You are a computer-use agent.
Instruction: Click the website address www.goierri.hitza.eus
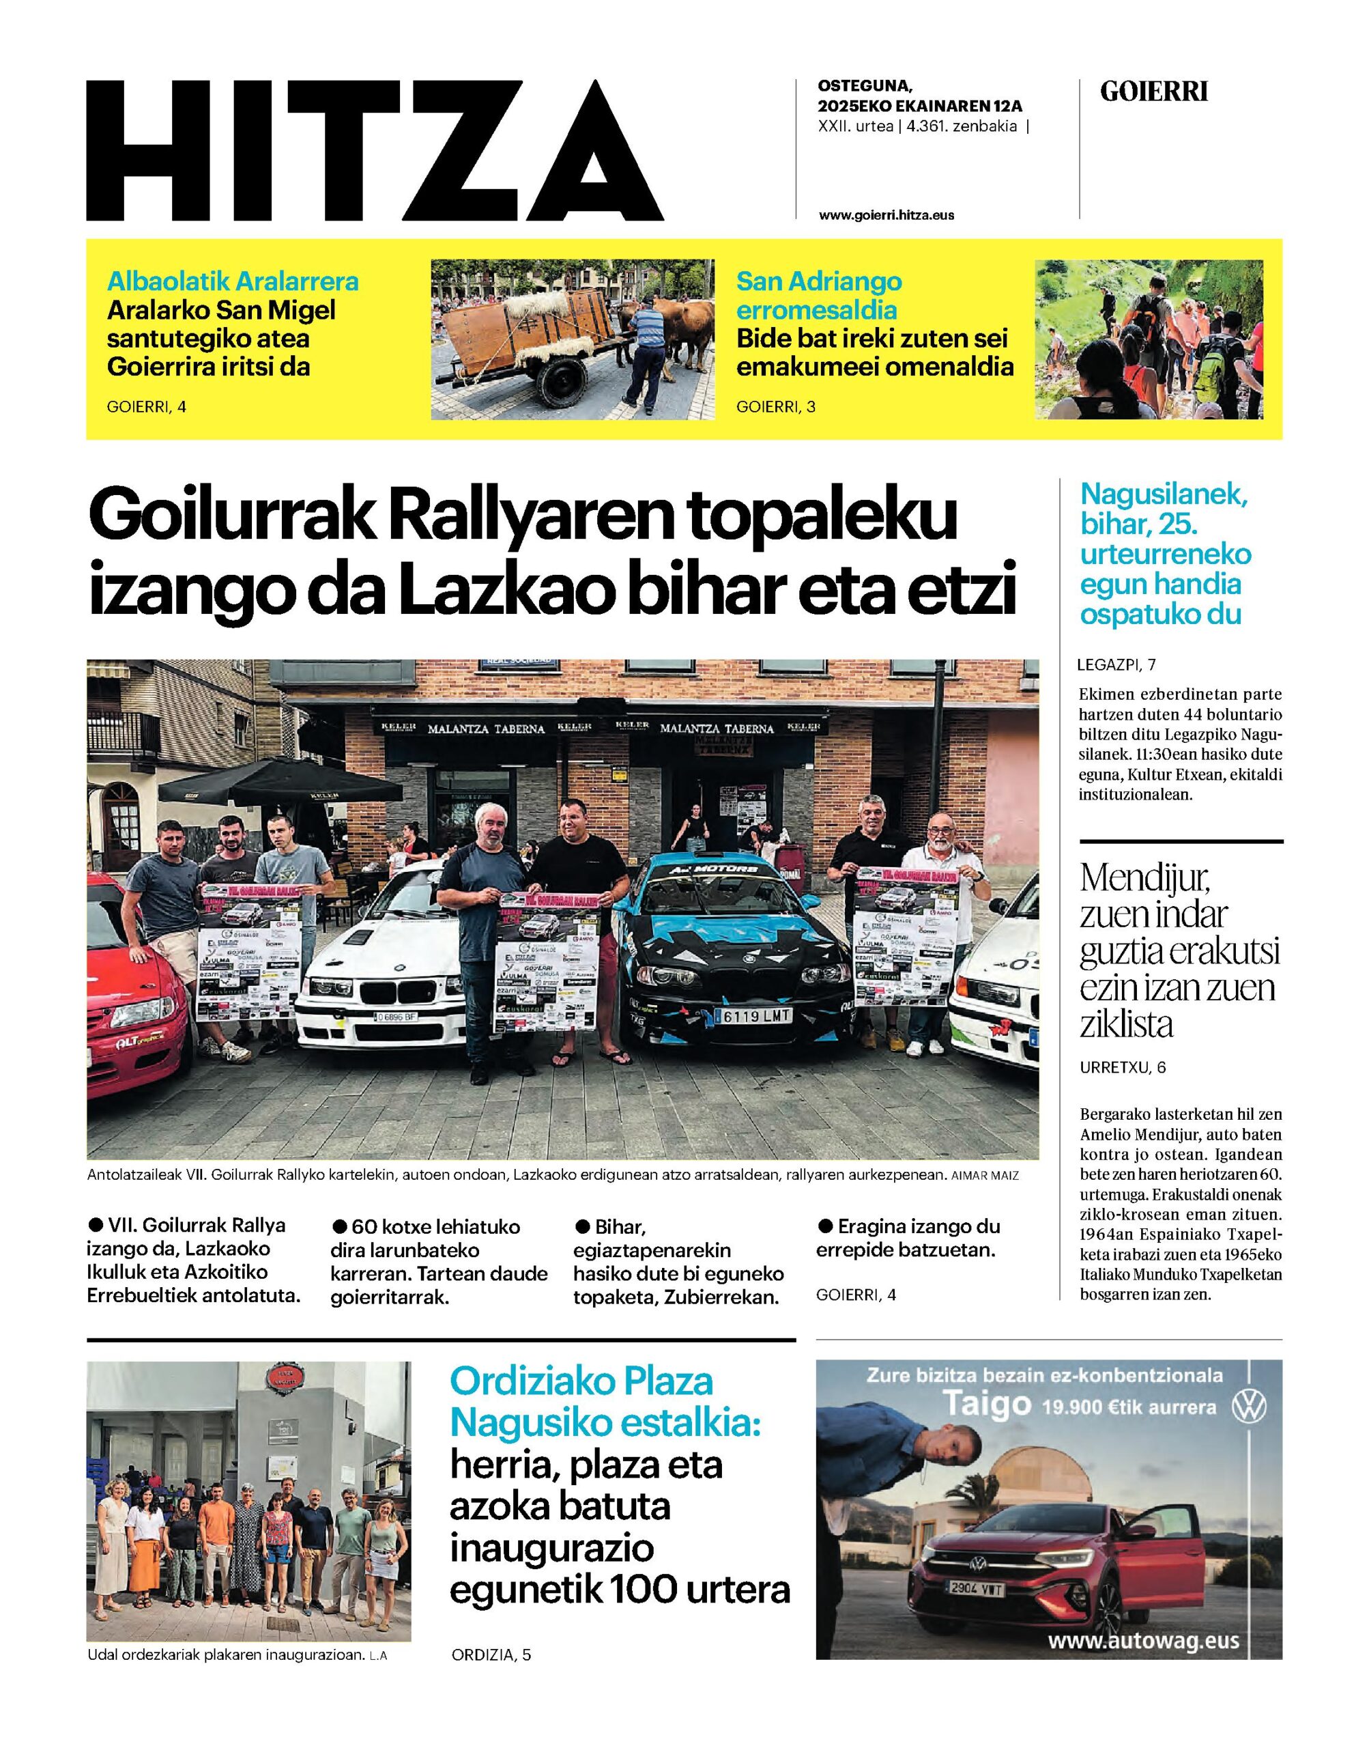point(887,215)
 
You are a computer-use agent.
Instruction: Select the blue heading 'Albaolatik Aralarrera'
point(233,281)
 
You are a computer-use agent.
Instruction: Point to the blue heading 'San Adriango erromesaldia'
point(818,295)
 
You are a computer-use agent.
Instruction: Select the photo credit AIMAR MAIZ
point(984,1176)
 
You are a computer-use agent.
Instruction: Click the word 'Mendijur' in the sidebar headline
point(1144,879)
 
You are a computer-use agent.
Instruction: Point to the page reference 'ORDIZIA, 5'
point(491,1721)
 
